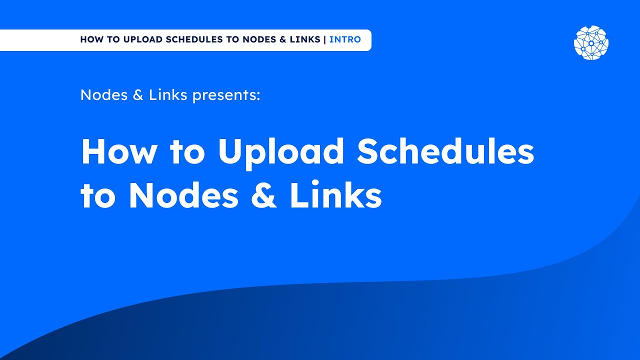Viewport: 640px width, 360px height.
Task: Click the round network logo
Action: pyautogui.click(x=591, y=43)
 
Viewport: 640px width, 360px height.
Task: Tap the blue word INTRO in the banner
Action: pyautogui.click(x=345, y=39)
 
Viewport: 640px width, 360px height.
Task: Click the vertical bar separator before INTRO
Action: pyautogui.click(x=324, y=39)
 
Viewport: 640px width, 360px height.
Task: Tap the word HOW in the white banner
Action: pyautogui.click(x=90, y=39)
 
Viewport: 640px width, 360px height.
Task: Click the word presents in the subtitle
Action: pyautogui.click(x=226, y=95)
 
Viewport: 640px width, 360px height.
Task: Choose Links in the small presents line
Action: pyautogui.click(x=168, y=95)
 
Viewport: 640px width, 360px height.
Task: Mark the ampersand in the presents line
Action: pyautogui.click(x=138, y=95)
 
